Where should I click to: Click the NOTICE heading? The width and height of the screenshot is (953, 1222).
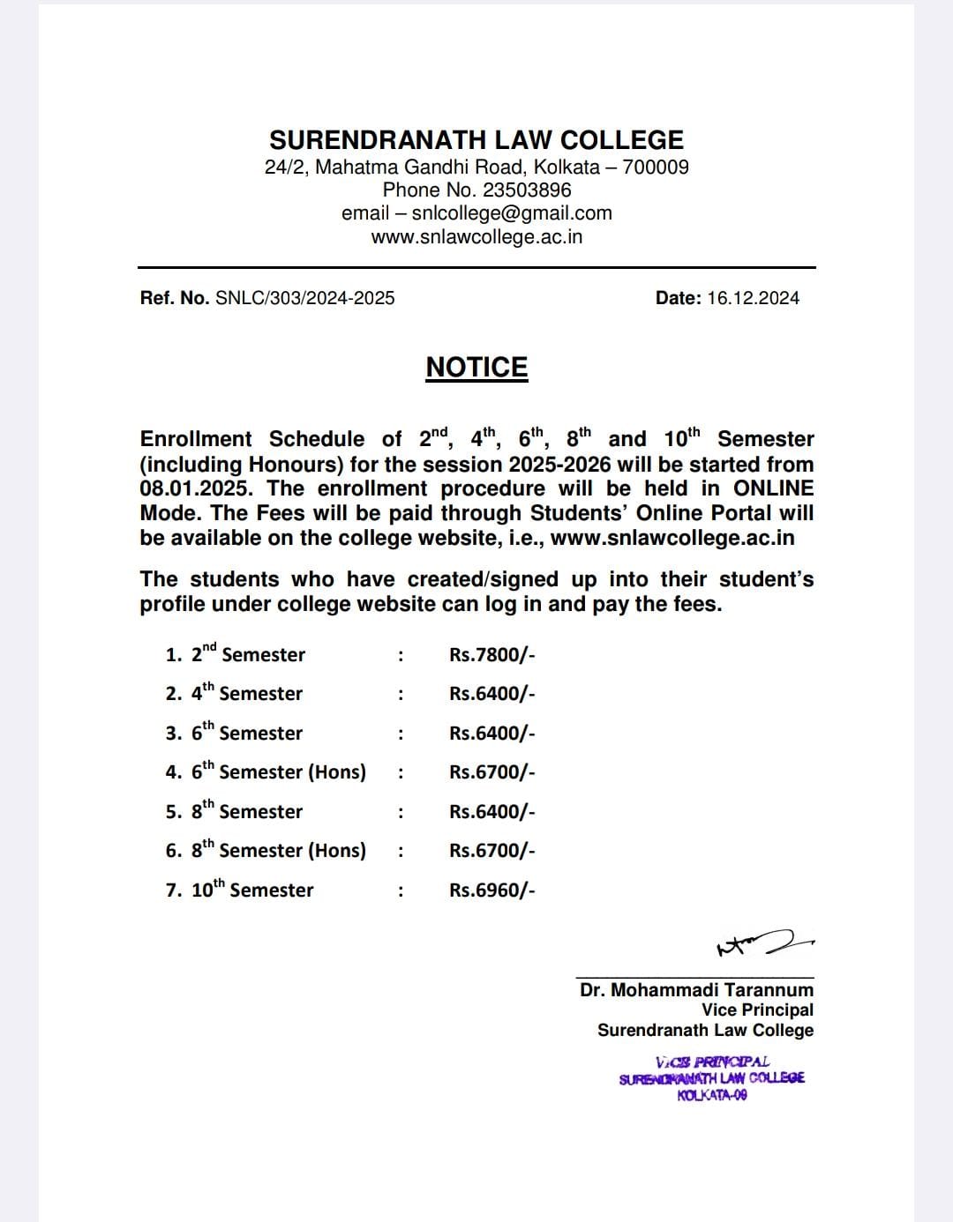476,368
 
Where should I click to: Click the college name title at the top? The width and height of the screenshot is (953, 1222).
476,140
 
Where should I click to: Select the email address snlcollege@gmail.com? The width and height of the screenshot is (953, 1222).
512,213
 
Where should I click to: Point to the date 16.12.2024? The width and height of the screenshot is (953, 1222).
753,298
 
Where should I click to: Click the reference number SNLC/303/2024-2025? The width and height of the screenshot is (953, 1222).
304,298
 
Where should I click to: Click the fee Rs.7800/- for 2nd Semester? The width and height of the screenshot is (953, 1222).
492,654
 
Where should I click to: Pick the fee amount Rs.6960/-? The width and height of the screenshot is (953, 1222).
492,890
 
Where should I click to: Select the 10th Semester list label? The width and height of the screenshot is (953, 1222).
251,890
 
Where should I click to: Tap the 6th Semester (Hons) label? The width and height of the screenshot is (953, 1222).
278,771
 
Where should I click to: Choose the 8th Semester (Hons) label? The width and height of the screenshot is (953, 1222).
278,850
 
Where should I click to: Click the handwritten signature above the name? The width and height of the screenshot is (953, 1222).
764,944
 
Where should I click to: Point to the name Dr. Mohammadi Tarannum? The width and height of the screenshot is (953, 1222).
696,990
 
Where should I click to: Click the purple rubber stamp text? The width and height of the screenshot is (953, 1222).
712,1078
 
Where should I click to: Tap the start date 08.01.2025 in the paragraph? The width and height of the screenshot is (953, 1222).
195,488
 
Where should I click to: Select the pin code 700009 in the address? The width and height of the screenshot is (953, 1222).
656,168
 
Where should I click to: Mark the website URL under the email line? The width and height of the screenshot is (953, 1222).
476,237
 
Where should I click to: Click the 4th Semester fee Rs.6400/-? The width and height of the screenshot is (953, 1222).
492,694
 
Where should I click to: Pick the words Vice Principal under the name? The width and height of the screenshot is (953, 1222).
757,1010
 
